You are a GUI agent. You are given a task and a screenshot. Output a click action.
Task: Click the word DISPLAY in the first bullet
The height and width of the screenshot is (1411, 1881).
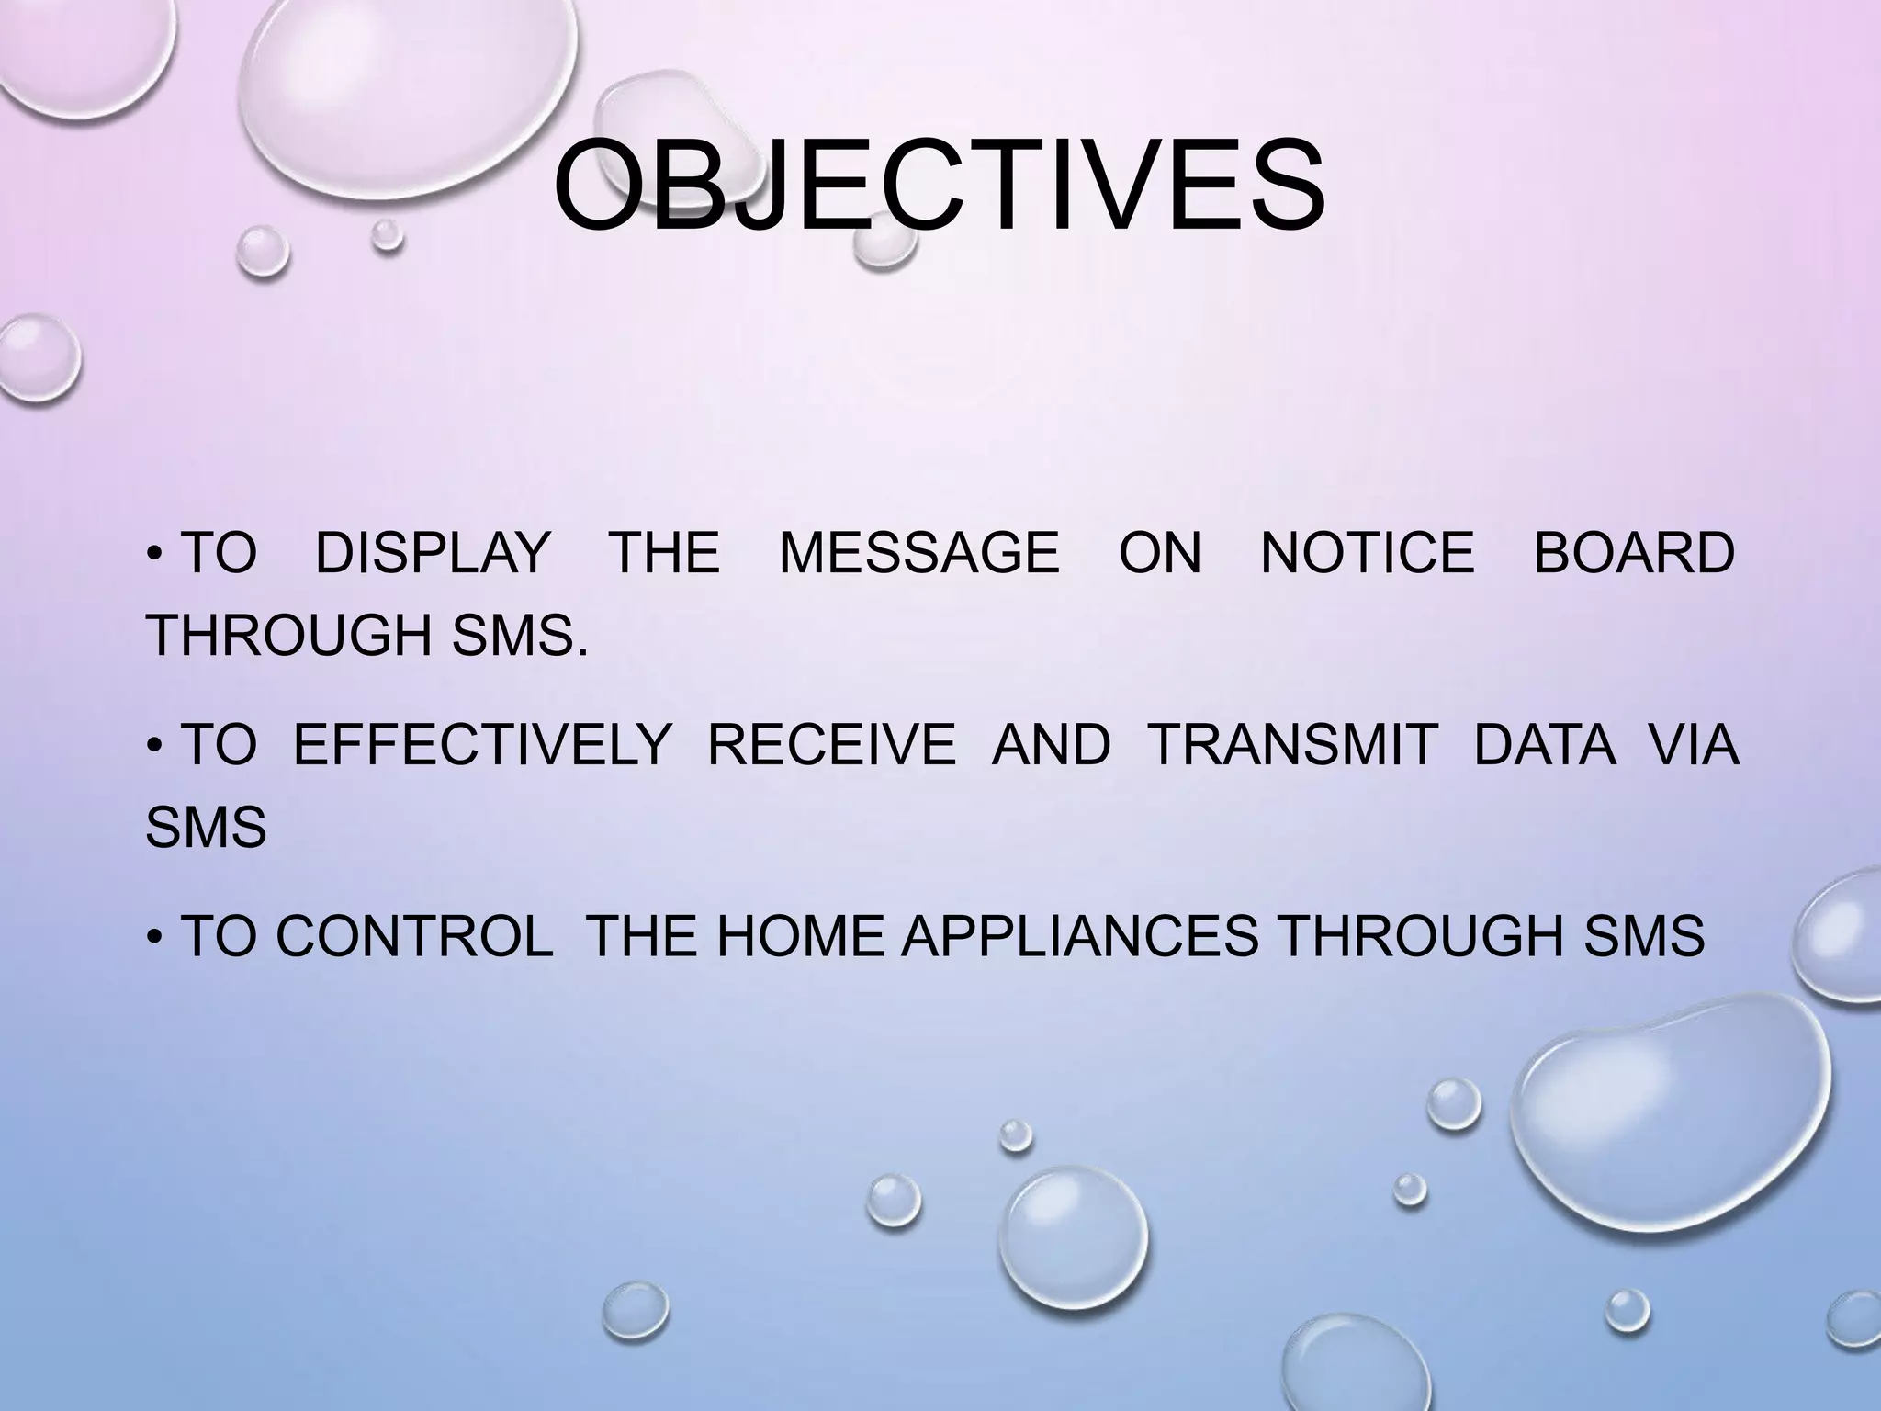432,553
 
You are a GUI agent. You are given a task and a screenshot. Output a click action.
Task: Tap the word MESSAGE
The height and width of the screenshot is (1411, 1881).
918,553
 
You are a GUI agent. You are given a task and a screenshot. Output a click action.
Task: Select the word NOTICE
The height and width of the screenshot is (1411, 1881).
1367,553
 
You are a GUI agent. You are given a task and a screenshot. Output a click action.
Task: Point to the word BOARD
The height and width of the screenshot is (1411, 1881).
1634,553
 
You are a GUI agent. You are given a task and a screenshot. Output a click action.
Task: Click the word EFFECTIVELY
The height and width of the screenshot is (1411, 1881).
482,744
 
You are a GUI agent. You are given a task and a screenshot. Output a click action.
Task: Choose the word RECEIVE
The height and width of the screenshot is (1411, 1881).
831,744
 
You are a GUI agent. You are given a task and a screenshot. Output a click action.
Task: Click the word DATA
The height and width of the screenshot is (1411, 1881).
1545,744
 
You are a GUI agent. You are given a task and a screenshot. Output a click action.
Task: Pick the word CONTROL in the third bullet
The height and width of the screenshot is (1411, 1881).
414,936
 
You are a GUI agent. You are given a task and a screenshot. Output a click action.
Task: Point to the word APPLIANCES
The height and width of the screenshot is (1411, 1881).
1079,936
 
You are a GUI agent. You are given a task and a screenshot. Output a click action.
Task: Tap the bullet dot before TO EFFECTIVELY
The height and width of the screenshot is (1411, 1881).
154,746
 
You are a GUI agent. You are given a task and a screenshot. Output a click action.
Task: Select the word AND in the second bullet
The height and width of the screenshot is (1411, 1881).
1051,744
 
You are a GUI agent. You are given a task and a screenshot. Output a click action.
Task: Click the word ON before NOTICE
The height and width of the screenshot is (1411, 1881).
1159,553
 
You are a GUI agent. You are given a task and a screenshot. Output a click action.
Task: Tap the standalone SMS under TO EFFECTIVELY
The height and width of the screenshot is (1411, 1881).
206,826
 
